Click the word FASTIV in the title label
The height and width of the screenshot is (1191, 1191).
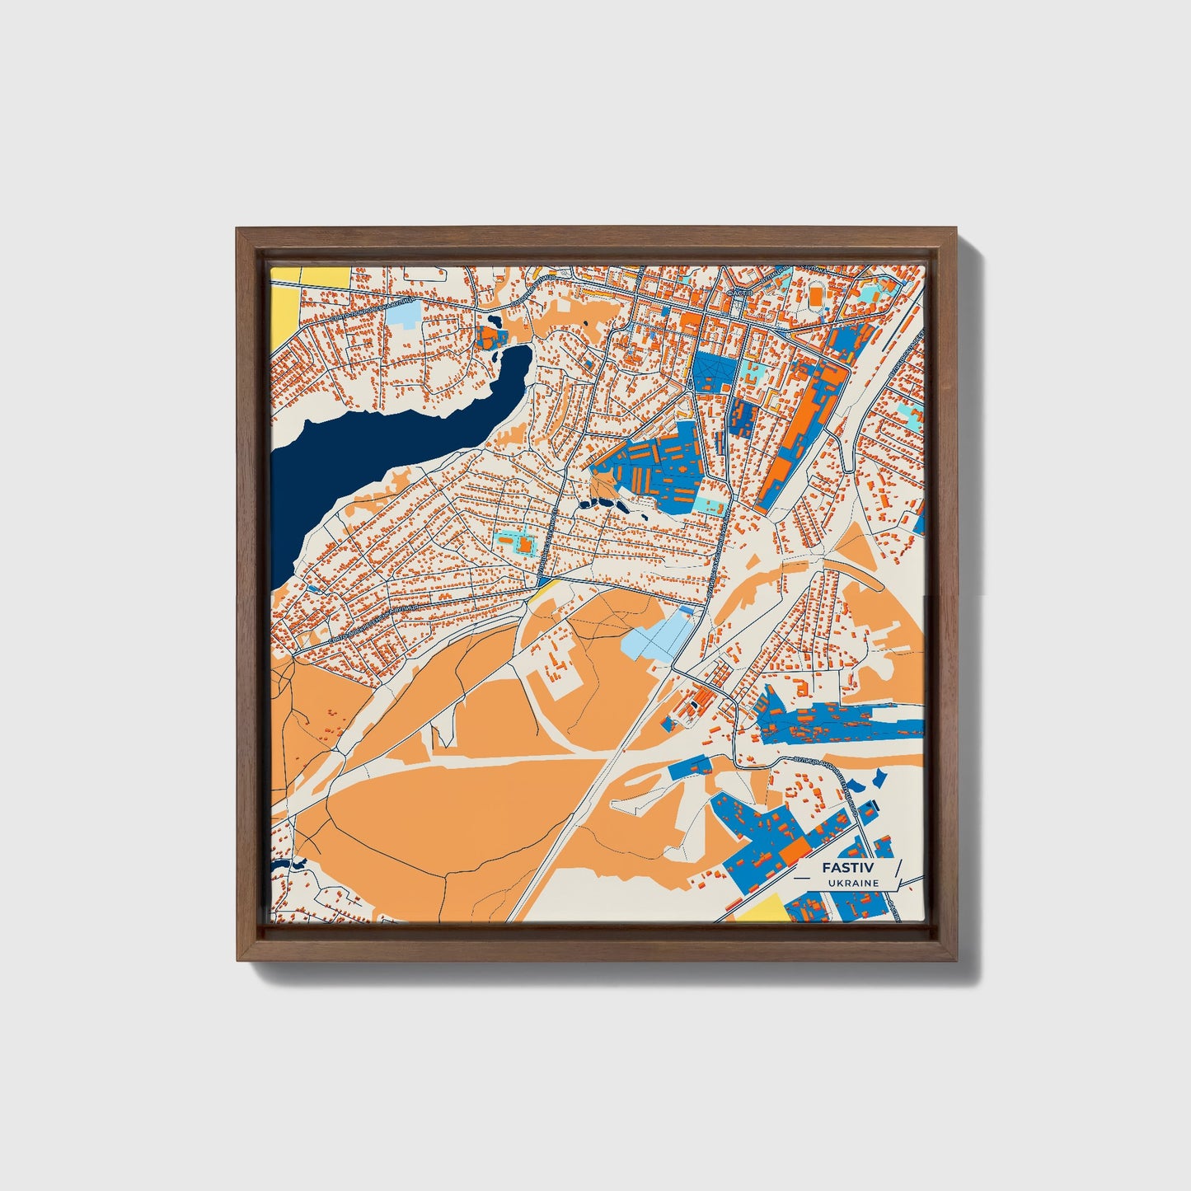(x=847, y=868)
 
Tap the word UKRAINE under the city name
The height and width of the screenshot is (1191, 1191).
(x=854, y=883)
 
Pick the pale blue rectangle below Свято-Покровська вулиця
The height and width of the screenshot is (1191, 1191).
(x=403, y=315)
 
